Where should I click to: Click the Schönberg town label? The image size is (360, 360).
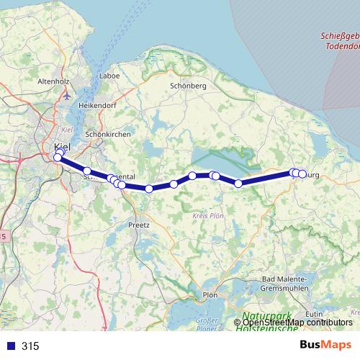tap(188, 86)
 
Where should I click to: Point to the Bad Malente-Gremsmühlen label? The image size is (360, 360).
tap(285, 284)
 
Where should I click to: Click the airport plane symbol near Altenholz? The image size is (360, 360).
tap(66, 94)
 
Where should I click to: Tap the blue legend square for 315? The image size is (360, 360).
tap(9, 346)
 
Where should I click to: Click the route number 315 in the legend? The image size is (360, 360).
tap(30, 346)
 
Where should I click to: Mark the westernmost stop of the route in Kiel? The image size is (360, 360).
tap(58, 157)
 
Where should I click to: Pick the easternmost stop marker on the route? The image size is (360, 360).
tap(302, 174)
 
